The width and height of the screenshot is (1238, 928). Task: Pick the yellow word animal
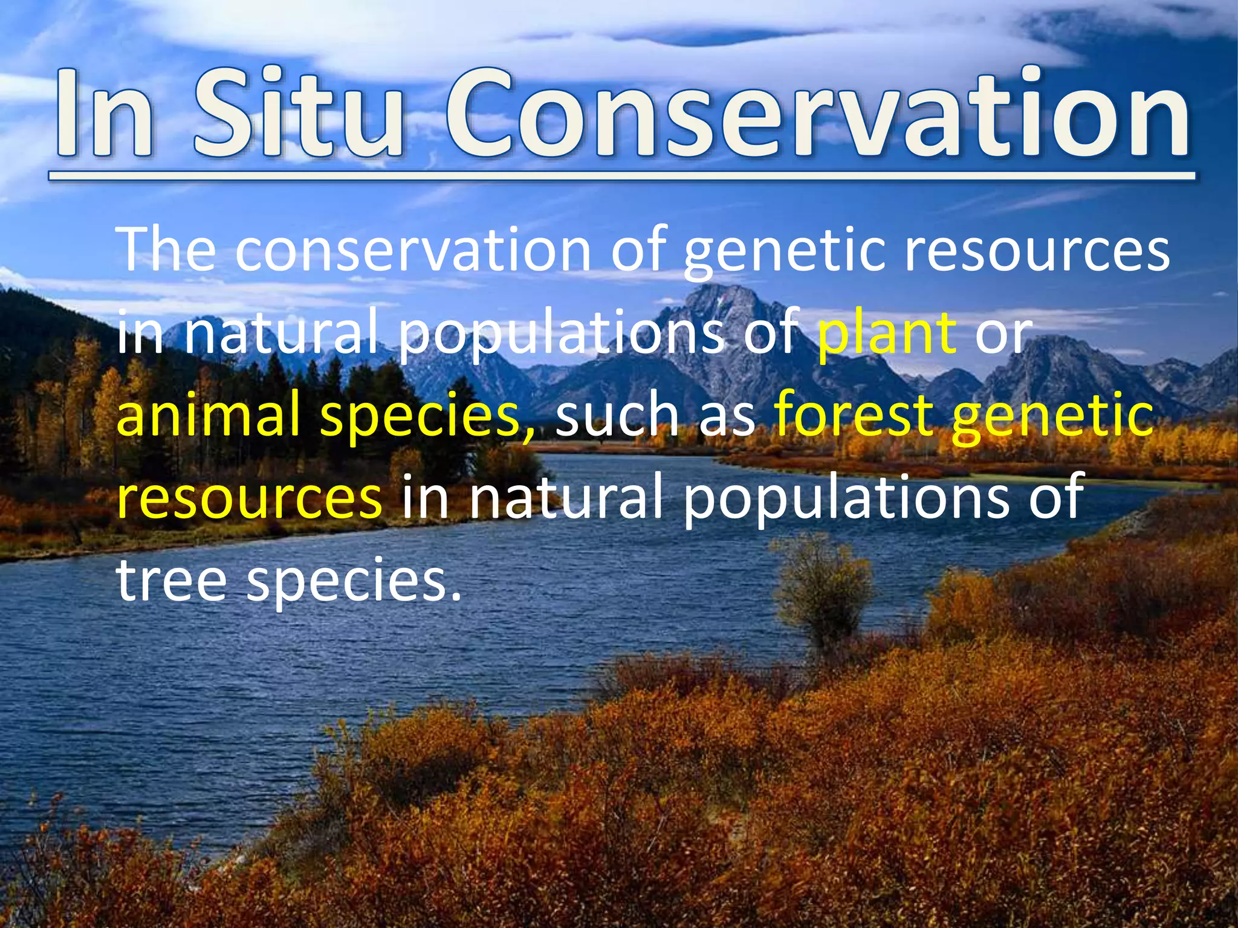tap(209, 416)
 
